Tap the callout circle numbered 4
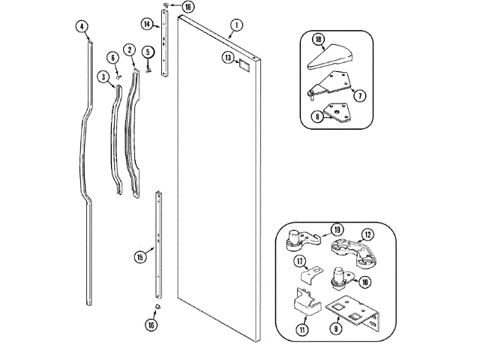pos(82,27)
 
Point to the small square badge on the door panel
pos(243,65)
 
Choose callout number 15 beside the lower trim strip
pos(139,257)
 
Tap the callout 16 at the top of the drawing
pos(167,7)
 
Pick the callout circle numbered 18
pos(319,39)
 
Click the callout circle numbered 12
pos(367,234)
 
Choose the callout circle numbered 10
pos(365,282)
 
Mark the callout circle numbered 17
pos(300,262)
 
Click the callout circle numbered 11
pos(302,328)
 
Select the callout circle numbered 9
pos(337,328)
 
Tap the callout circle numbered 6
pos(113,58)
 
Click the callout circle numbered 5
pos(148,52)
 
